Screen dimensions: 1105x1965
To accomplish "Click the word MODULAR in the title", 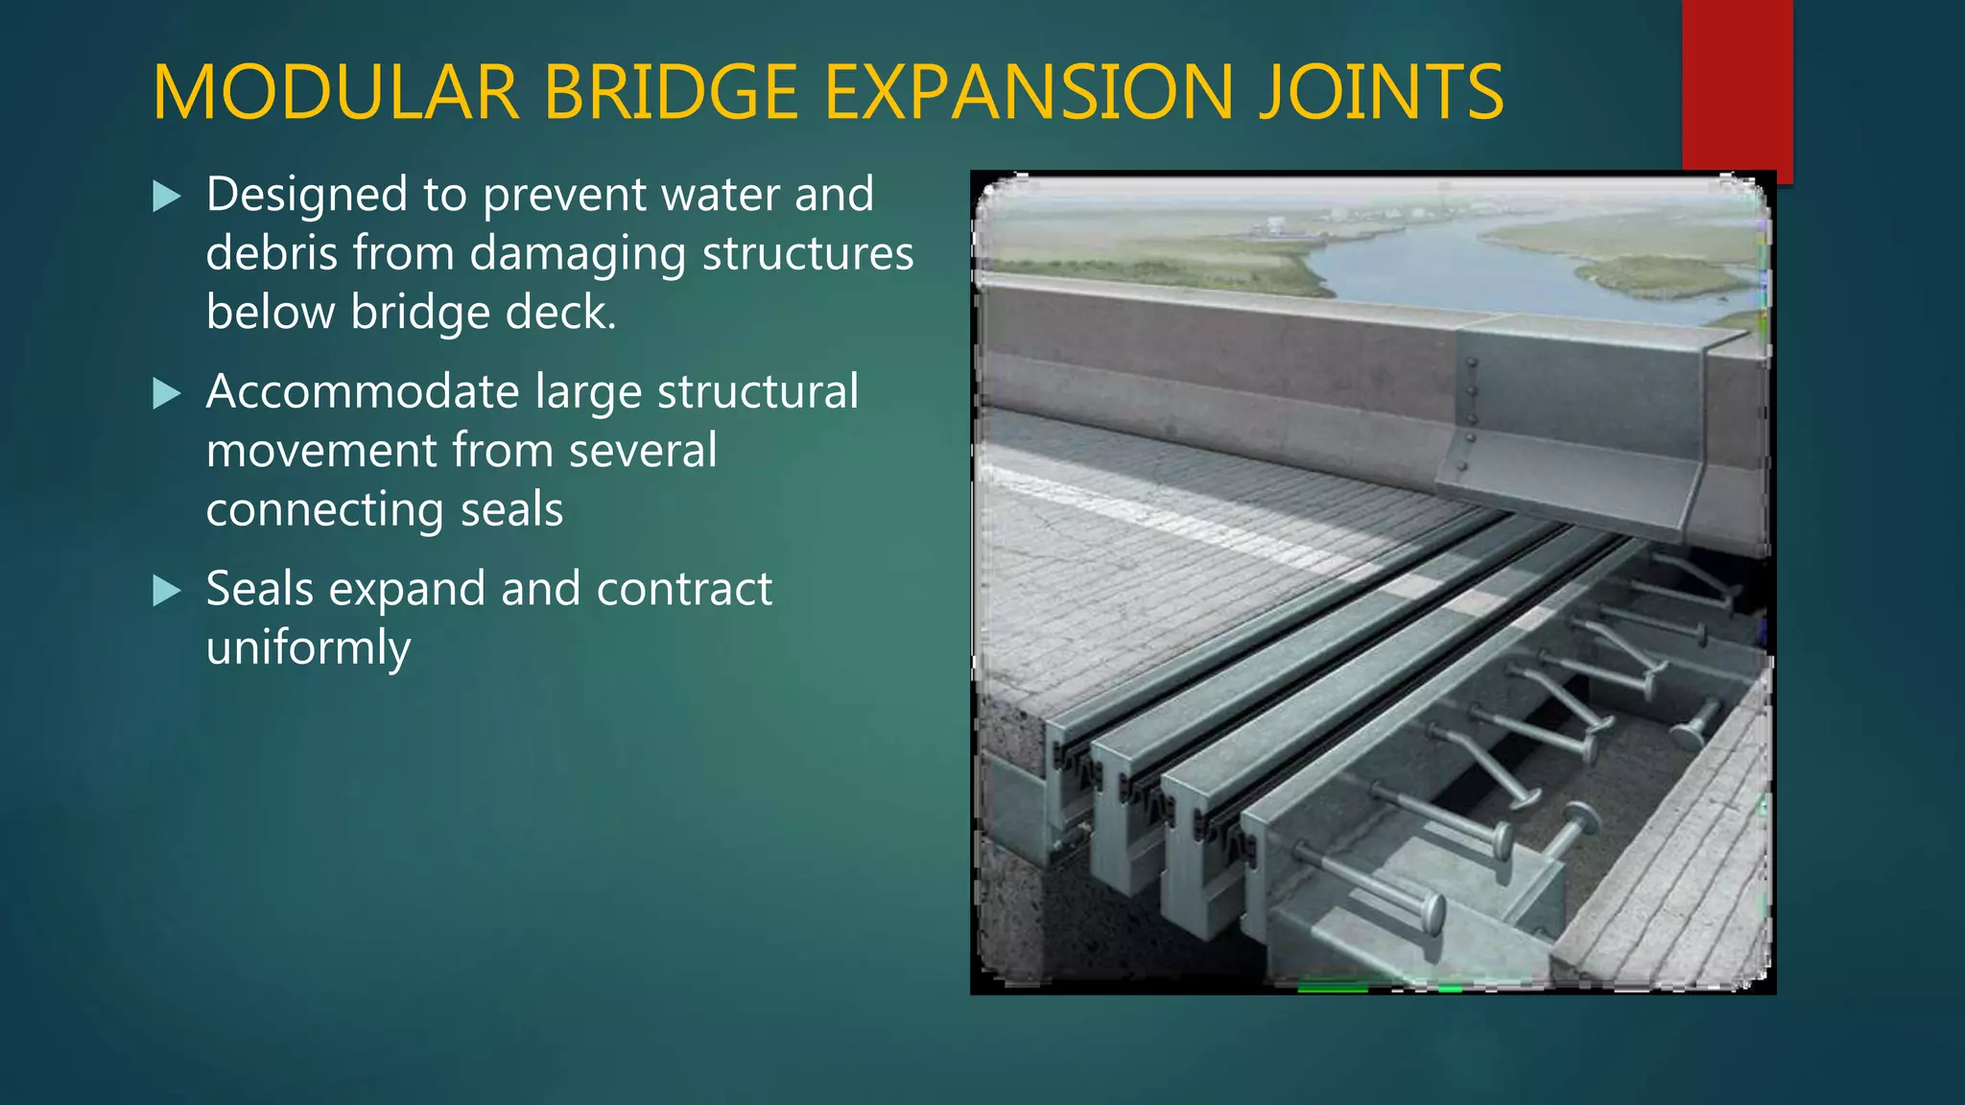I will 336,93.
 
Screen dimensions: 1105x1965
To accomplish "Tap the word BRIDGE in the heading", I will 672,93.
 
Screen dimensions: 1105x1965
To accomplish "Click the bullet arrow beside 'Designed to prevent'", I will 167,198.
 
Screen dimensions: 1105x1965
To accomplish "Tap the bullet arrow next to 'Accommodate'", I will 167,394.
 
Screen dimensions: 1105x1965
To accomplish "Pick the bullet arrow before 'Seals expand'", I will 167,591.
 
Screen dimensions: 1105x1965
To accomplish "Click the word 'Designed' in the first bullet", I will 307,196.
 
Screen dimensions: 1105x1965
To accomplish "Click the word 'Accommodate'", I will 361,392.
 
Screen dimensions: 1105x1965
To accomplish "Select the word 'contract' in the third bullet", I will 684,589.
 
